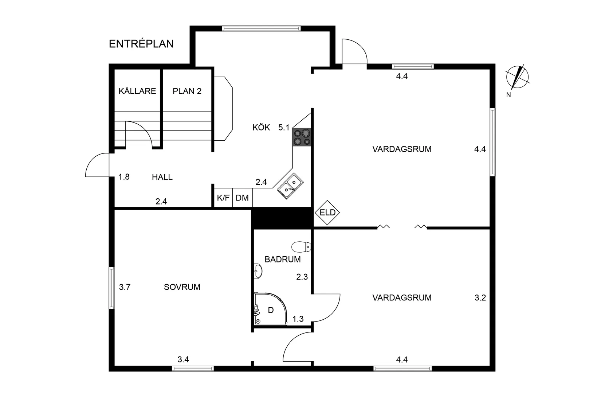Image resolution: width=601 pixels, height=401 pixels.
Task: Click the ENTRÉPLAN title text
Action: click(141, 44)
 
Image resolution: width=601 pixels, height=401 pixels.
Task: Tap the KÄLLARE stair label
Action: click(137, 91)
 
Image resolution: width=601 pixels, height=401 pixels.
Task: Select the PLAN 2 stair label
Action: click(187, 91)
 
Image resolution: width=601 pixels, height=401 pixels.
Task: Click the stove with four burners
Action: click(302, 137)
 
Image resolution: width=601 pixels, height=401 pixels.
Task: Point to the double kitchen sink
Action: click(290, 186)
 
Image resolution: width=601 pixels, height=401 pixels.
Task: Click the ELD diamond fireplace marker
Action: click(327, 212)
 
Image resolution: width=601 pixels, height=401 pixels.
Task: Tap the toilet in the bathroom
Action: click(301, 247)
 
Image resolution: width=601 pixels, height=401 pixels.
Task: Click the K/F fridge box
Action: click(223, 198)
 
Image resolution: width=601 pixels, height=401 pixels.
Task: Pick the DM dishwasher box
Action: click(242, 198)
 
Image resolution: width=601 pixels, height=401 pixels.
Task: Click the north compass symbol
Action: click(517, 77)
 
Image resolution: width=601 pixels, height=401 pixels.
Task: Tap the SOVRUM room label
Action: click(182, 287)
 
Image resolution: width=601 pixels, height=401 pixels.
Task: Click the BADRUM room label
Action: click(283, 260)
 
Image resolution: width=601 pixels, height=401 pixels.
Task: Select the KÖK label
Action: click(261, 128)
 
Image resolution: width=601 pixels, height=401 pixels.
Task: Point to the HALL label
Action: click(162, 178)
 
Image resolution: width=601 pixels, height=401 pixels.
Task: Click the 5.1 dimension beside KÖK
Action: click(284, 128)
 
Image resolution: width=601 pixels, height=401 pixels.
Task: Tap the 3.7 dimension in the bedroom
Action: click(125, 287)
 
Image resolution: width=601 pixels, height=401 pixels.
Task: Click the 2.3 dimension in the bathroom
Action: click(302, 277)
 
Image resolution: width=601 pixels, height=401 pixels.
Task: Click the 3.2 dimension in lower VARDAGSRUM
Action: click(480, 298)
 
